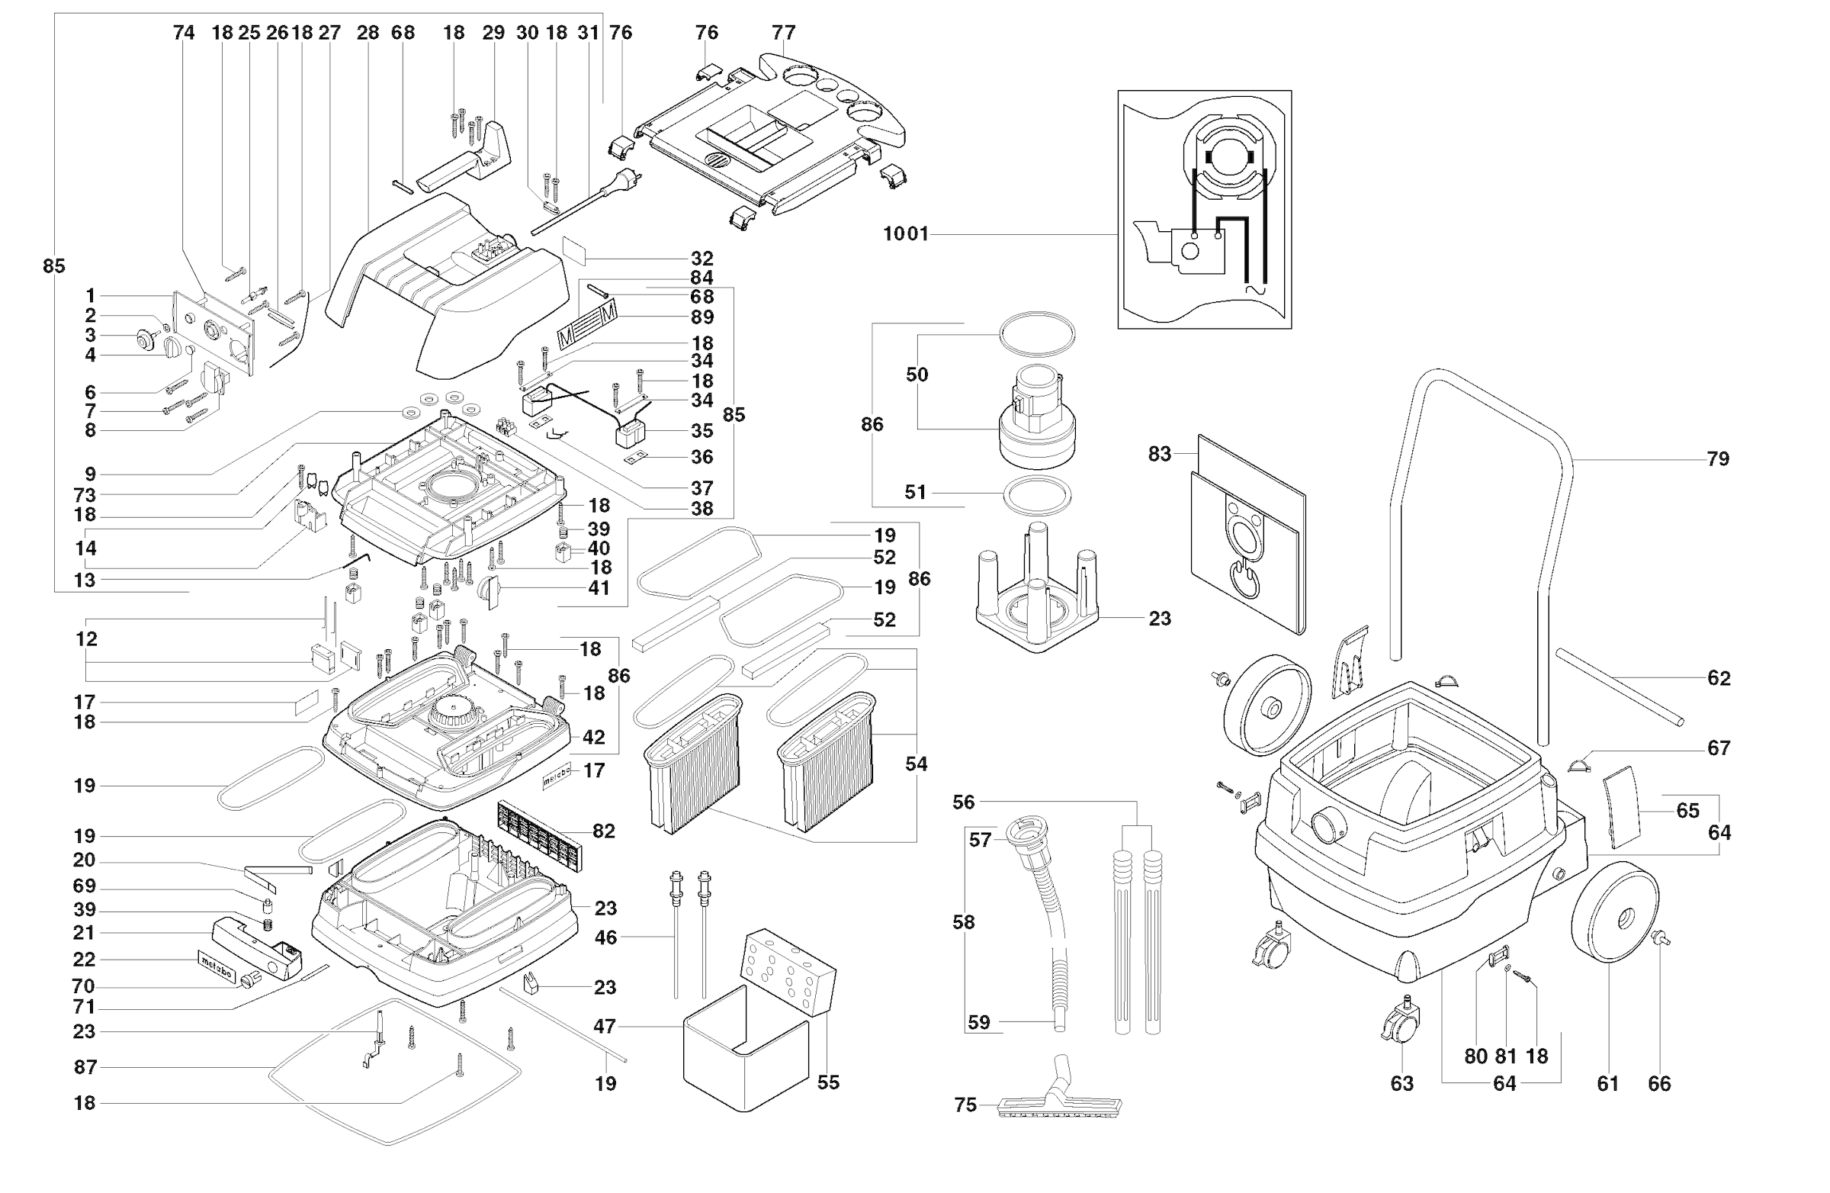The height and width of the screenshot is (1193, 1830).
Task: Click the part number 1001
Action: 905,234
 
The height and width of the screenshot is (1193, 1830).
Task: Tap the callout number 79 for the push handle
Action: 1717,459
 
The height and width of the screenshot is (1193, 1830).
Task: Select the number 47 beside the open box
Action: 605,1027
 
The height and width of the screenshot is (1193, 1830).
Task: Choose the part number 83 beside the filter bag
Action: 1160,455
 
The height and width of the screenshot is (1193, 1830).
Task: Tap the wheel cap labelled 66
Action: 1660,940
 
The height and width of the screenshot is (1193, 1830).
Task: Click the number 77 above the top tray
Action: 784,33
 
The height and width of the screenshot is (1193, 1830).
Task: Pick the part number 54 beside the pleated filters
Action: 916,764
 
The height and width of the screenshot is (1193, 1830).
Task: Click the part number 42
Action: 593,738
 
